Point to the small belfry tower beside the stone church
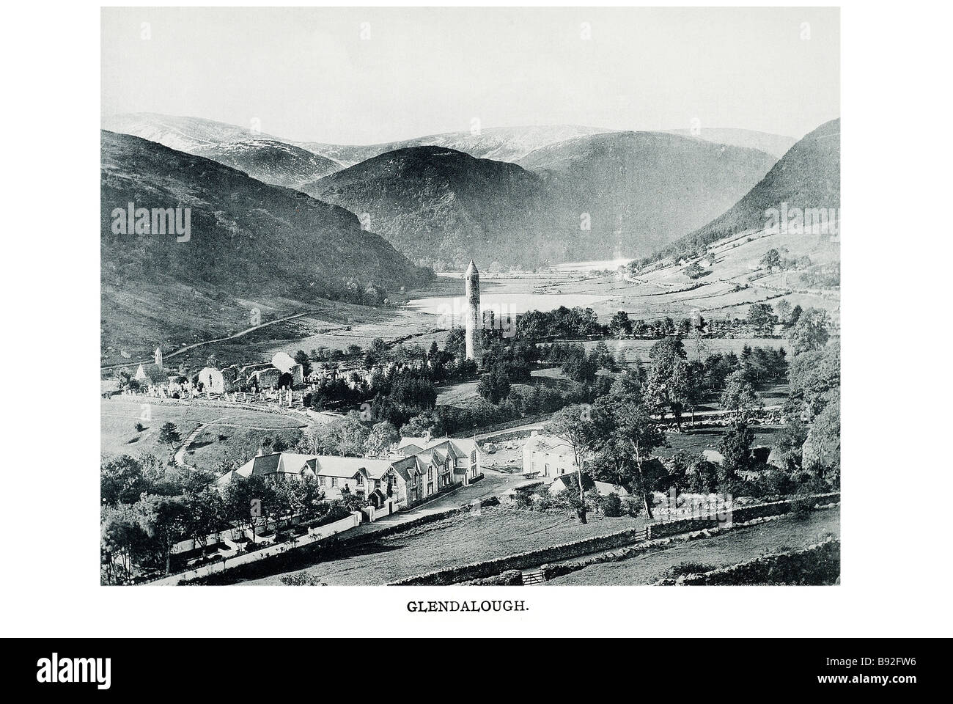[x=158, y=356]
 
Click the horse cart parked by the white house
[x=531, y=476]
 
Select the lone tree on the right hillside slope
[x=770, y=257]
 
